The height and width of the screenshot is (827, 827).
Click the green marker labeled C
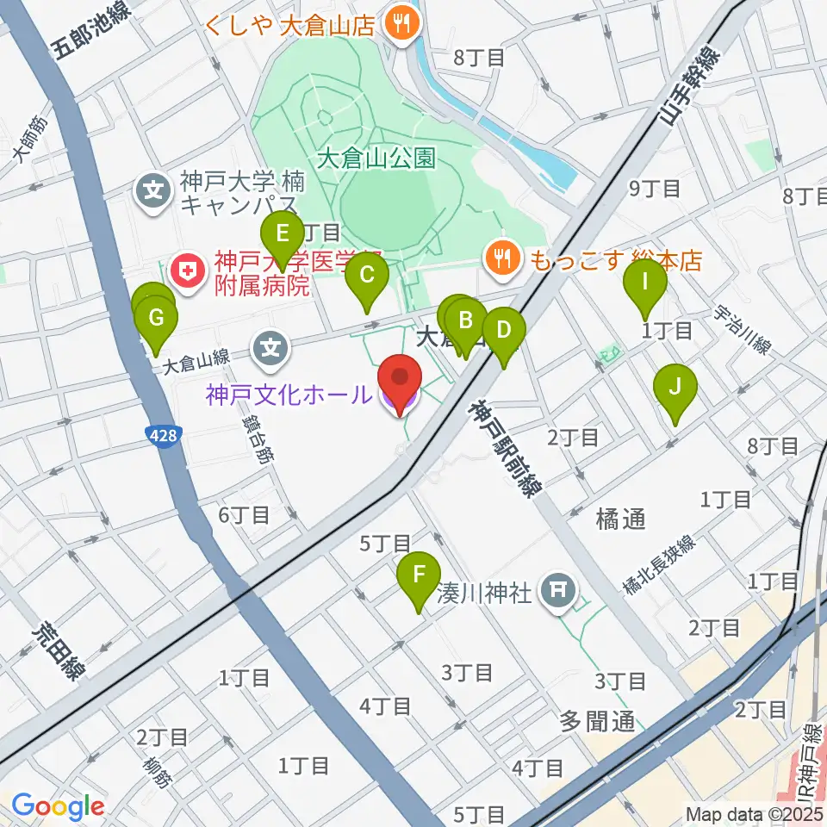[x=366, y=277]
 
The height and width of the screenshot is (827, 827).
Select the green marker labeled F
[x=419, y=575]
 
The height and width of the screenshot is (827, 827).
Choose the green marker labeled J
[x=676, y=387]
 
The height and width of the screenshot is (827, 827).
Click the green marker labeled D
[x=504, y=330]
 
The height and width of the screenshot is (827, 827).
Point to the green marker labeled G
[x=156, y=318]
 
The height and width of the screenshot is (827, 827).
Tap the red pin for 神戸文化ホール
[x=401, y=380]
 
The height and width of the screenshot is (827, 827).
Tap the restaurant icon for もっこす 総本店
[x=502, y=257]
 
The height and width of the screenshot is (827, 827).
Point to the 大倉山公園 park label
[x=376, y=159]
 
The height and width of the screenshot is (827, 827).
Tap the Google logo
[x=58, y=806]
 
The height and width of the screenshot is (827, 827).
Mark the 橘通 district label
[x=619, y=519]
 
